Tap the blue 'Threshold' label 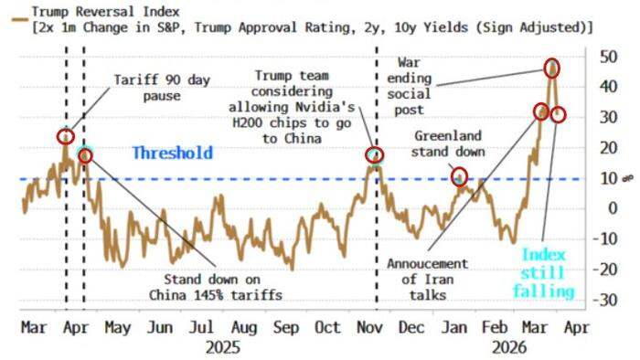pos(172,153)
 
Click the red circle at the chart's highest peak pos(551,68)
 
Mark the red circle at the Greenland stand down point pos(459,176)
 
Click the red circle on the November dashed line pos(374,155)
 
